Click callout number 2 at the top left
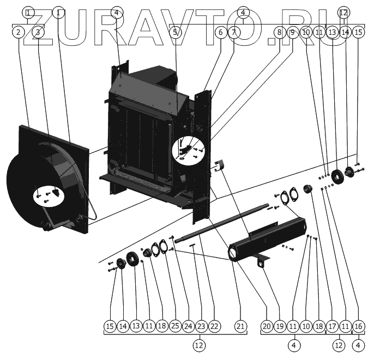click(x=19, y=32)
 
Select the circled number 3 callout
click(x=38, y=32)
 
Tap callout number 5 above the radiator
click(x=175, y=32)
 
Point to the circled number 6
click(x=220, y=32)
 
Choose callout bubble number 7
click(x=233, y=32)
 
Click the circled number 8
click(x=279, y=32)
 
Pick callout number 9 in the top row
click(x=292, y=32)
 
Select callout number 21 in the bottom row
click(x=240, y=326)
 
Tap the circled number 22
click(x=214, y=326)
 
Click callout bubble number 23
click(x=201, y=326)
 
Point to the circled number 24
click(x=188, y=326)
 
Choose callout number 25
click(x=174, y=326)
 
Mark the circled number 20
click(x=267, y=326)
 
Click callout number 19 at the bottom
click(x=280, y=326)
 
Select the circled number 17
click(x=332, y=326)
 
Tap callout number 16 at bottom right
click(x=358, y=326)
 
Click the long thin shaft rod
click(x=218, y=223)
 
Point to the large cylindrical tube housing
click(x=267, y=240)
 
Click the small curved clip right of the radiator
click(x=219, y=165)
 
